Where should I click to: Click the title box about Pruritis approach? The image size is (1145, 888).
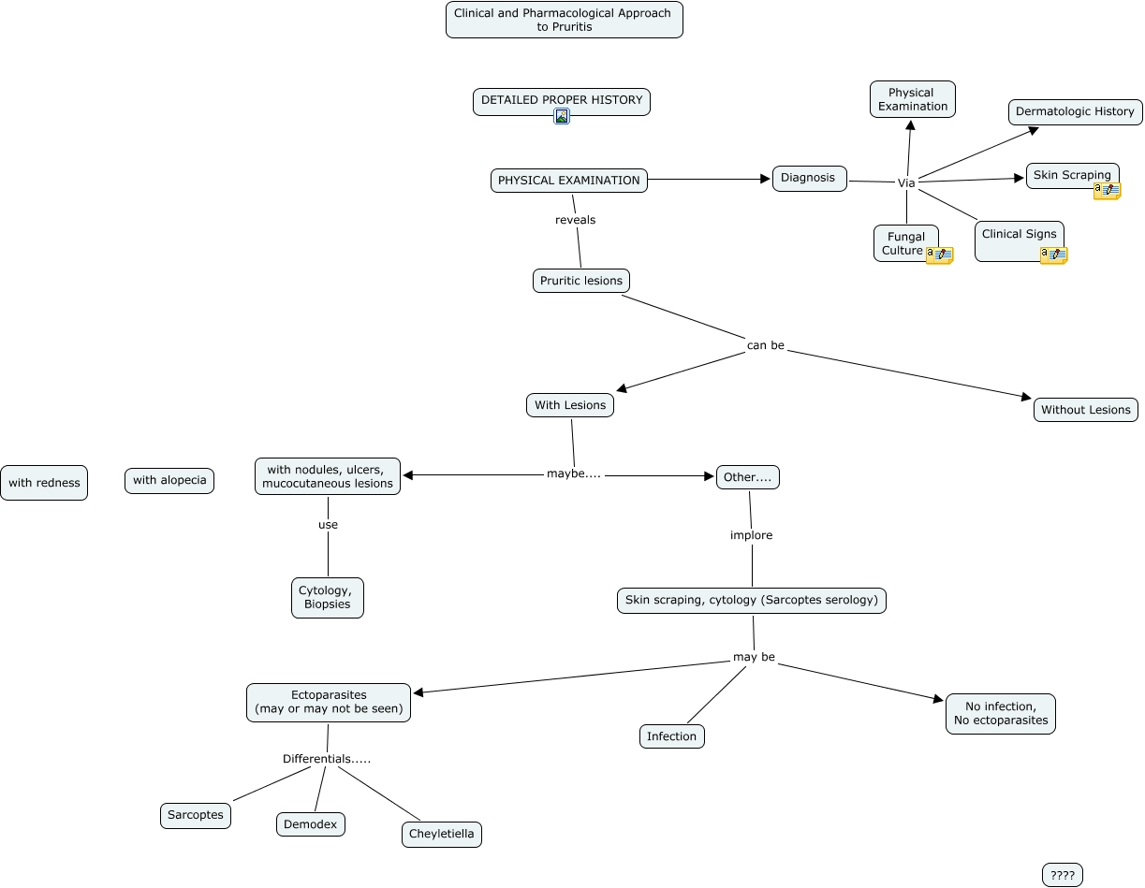[x=564, y=20]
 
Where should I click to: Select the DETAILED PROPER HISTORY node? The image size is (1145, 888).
[x=561, y=100]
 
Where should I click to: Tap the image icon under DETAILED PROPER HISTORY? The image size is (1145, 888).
[x=562, y=117]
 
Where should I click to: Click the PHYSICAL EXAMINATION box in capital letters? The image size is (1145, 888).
[x=568, y=181]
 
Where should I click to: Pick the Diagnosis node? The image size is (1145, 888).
[x=809, y=178]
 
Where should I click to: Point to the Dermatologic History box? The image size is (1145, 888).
[x=1074, y=111]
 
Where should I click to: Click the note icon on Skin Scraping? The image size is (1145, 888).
[x=1107, y=191]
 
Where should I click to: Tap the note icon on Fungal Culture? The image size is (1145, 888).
[x=939, y=255]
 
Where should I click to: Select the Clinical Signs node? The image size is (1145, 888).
[x=1019, y=235]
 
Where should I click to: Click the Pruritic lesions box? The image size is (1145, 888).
[x=580, y=281]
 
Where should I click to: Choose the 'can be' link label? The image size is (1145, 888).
[x=765, y=345]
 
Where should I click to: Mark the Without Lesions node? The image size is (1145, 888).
[x=1085, y=410]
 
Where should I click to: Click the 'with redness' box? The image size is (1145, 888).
[x=44, y=483]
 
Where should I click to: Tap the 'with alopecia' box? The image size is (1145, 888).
[x=169, y=481]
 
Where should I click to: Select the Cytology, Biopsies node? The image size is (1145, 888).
[x=327, y=597]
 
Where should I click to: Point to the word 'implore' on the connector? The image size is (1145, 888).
[x=751, y=535]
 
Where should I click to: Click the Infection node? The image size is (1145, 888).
[x=671, y=736]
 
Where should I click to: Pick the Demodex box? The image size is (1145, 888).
[x=311, y=824]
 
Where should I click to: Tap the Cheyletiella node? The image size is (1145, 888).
[x=441, y=834]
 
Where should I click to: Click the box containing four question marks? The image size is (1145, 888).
[x=1062, y=875]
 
